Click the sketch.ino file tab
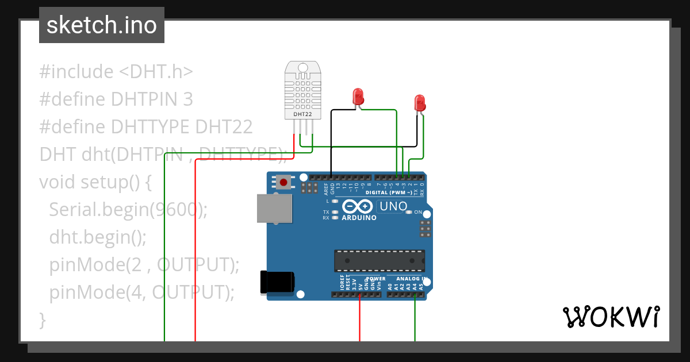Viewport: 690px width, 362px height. click(x=101, y=25)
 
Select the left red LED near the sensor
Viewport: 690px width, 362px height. click(x=358, y=96)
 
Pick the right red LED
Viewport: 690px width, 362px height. click(x=420, y=103)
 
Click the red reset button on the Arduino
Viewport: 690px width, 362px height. click(x=283, y=183)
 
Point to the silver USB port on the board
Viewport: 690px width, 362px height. click(x=275, y=208)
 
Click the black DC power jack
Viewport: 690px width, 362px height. click(x=277, y=281)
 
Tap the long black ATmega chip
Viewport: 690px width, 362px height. click(x=379, y=260)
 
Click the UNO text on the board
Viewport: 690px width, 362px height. click(x=394, y=206)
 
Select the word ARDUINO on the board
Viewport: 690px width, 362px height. click(x=359, y=218)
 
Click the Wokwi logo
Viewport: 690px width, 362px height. click(x=610, y=317)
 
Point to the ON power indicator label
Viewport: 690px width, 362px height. click(x=418, y=212)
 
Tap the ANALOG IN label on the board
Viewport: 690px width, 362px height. click(x=412, y=279)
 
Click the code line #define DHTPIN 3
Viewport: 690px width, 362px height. click(x=116, y=99)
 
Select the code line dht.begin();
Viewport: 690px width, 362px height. click(x=98, y=237)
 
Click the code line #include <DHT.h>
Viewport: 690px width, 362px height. click(x=116, y=72)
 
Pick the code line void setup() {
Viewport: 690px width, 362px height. click(x=95, y=182)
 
